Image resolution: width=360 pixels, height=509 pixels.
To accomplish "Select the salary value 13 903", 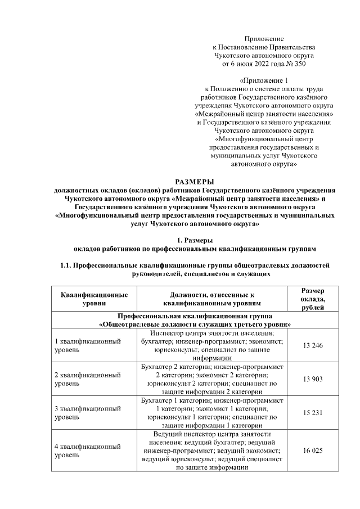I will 312,379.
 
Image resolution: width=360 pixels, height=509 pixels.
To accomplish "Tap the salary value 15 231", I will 312,412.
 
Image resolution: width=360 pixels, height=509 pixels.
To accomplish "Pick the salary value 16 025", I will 312,450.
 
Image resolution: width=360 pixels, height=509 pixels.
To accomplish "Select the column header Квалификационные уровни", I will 94,299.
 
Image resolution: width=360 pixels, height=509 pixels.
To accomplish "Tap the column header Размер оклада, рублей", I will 312,299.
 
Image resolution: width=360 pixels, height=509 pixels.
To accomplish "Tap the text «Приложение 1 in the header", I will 264,80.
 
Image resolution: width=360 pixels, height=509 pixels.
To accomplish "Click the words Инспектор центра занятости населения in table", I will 211,333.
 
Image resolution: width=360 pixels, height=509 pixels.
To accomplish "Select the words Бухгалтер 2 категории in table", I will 176,367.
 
